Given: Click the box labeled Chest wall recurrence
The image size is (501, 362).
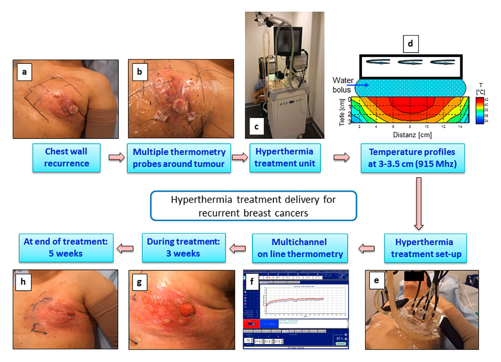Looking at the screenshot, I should click(x=67, y=158).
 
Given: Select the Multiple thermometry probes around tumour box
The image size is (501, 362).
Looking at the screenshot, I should click(x=179, y=158).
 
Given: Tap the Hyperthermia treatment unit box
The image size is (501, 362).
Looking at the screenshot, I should click(x=285, y=158).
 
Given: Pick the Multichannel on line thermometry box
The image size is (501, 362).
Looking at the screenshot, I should click(x=300, y=248).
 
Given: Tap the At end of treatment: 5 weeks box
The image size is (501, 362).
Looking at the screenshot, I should click(x=66, y=248).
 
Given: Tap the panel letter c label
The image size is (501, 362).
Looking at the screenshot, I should click(x=257, y=126).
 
